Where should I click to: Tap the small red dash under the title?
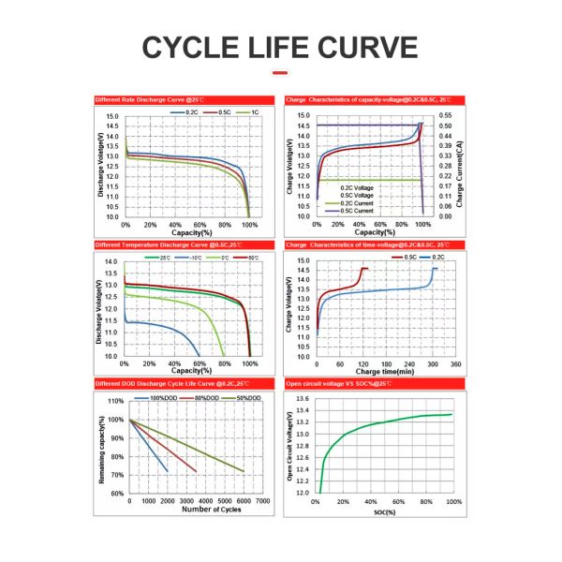[x=279, y=72]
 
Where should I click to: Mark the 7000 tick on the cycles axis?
[x=263, y=501]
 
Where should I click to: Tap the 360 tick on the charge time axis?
[x=455, y=363]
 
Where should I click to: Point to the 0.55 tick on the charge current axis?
[x=447, y=115]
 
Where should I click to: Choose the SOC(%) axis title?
[x=383, y=511]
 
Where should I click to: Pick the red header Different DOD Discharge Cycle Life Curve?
[x=164, y=384]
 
